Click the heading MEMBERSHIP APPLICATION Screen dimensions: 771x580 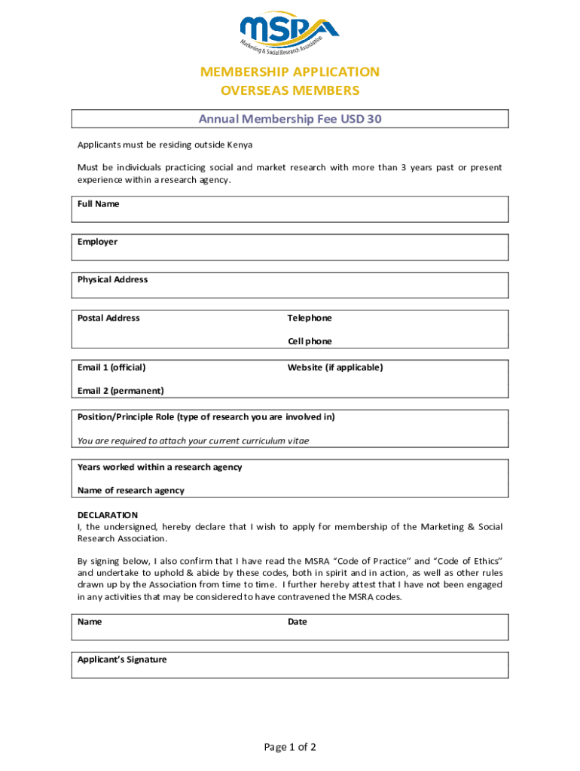coord(290,72)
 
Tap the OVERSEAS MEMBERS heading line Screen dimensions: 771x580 coord(290,91)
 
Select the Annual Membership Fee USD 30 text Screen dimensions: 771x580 coord(290,119)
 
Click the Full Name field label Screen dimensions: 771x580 coord(99,204)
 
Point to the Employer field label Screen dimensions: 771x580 coord(97,242)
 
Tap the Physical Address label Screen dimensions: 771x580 coord(112,279)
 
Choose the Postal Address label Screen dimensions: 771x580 coord(108,318)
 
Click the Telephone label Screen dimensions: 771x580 coord(310,318)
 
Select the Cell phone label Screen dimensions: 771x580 coord(310,341)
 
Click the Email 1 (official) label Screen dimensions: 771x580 coord(111,367)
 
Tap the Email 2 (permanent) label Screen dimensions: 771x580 coord(121,390)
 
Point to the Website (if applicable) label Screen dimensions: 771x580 coord(335,367)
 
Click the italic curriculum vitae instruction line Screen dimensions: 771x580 coord(193,440)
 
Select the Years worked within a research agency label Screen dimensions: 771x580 coord(160,467)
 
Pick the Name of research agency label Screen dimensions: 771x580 coord(131,490)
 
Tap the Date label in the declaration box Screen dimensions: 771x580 coord(298,622)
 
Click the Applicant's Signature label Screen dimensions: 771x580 coord(122,660)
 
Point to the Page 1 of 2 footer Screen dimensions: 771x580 coord(290,747)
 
